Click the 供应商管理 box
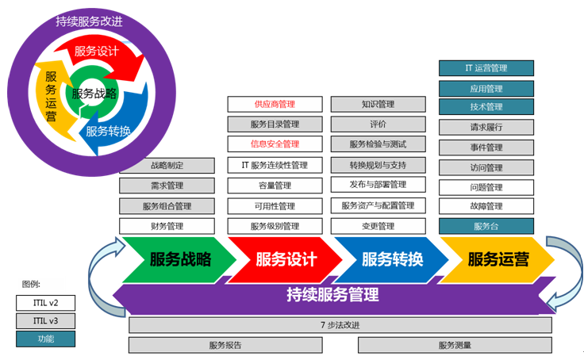(275, 104)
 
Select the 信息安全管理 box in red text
(275, 144)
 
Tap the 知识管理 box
(378, 104)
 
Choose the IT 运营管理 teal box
(486, 68)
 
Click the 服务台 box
(486, 226)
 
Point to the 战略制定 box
(167, 166)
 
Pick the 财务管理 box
(167, 226)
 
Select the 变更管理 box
(378, 226)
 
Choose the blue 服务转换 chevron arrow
(392, 259)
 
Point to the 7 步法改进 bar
(340, 325)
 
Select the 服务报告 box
(225, 345)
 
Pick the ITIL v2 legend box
(46, 302)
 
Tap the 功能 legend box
(46, 339)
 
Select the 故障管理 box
(486, 206)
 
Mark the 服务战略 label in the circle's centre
(94, 93)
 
